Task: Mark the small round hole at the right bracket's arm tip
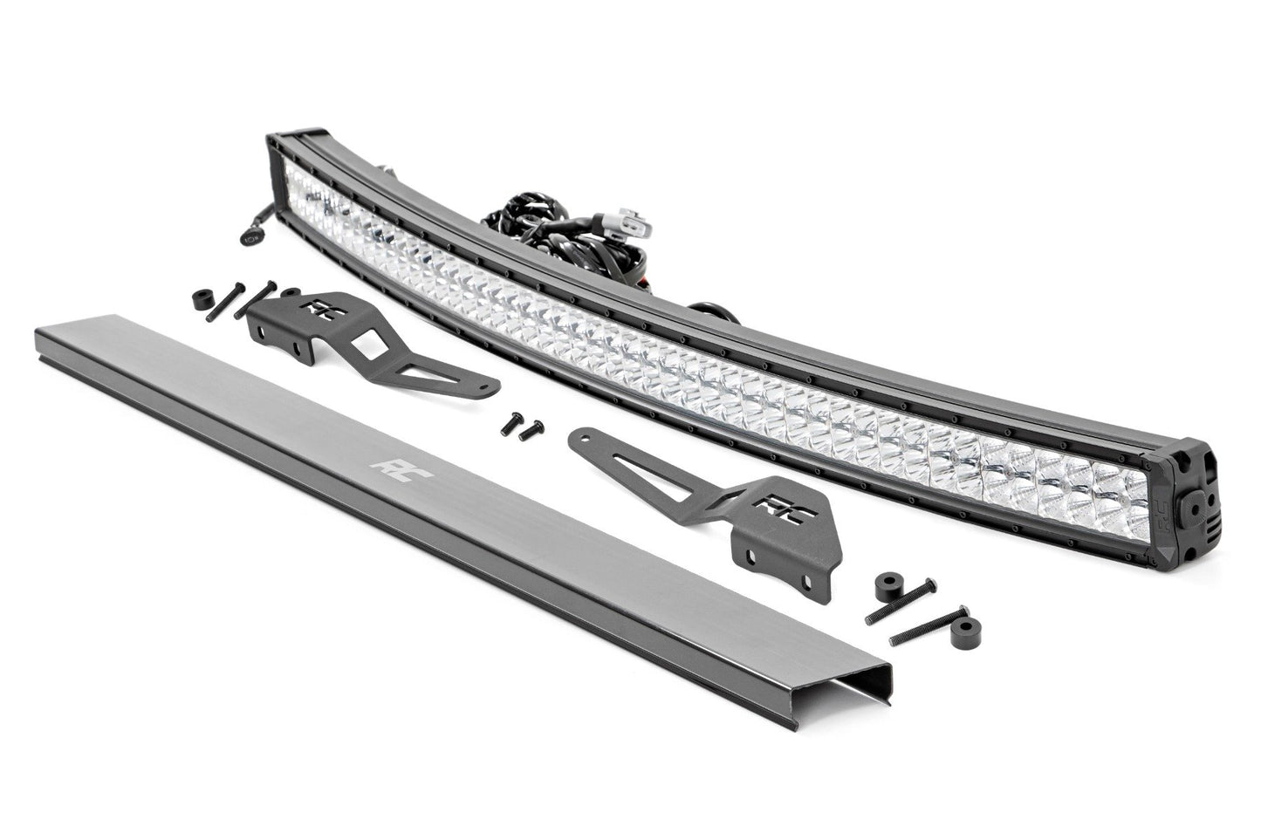pos(583,440)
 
